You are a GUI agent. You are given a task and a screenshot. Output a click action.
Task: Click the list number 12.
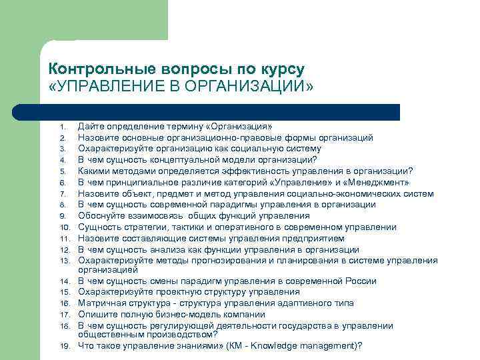(x=63, y=249)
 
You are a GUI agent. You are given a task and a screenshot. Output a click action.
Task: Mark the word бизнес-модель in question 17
(x=175, y=314)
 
